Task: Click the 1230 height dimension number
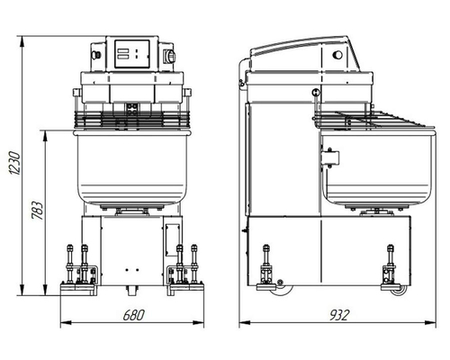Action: [14, 163]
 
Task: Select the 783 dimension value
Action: [38, 210]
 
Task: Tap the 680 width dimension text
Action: [134, 315]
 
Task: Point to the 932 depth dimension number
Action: [339, 315]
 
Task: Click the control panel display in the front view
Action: [132, 54]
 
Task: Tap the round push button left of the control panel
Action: [96, 55]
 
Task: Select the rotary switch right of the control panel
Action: [170, 56]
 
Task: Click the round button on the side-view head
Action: [337, 55]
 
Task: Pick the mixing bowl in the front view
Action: [132, 168]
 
